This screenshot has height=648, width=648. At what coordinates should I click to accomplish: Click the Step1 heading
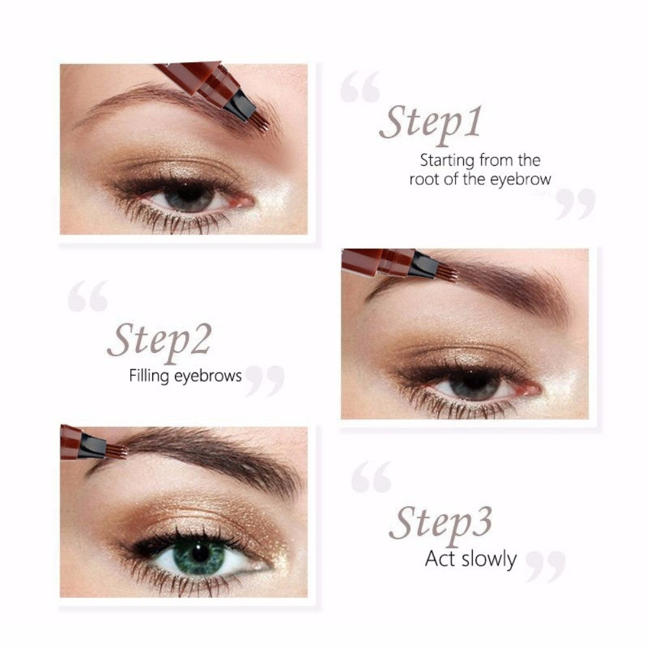tap(431, 124)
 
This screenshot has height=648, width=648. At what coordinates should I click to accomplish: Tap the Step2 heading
tap(159, 342)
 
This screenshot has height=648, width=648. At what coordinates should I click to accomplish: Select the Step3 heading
tap(441, 525)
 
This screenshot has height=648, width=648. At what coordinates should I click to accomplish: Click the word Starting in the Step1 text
tap(446, 161)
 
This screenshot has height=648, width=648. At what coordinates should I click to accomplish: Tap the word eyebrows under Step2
tap(208, 376)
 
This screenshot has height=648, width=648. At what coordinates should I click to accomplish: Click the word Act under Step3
tap(441, 559)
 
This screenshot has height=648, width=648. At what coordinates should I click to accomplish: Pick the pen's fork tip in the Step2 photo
tap(447, 273)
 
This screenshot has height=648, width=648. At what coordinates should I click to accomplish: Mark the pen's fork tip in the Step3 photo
tap(117, 451)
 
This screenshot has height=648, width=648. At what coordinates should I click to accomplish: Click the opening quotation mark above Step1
tap(360, 87)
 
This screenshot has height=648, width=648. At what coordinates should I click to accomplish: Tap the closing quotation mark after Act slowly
tap(546, 567)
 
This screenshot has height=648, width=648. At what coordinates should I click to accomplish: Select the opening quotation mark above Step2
tap(87, 296)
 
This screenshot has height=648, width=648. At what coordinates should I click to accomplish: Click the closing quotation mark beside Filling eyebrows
tap(265, 381)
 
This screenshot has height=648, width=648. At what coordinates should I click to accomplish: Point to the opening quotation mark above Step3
tap(371, 478)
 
